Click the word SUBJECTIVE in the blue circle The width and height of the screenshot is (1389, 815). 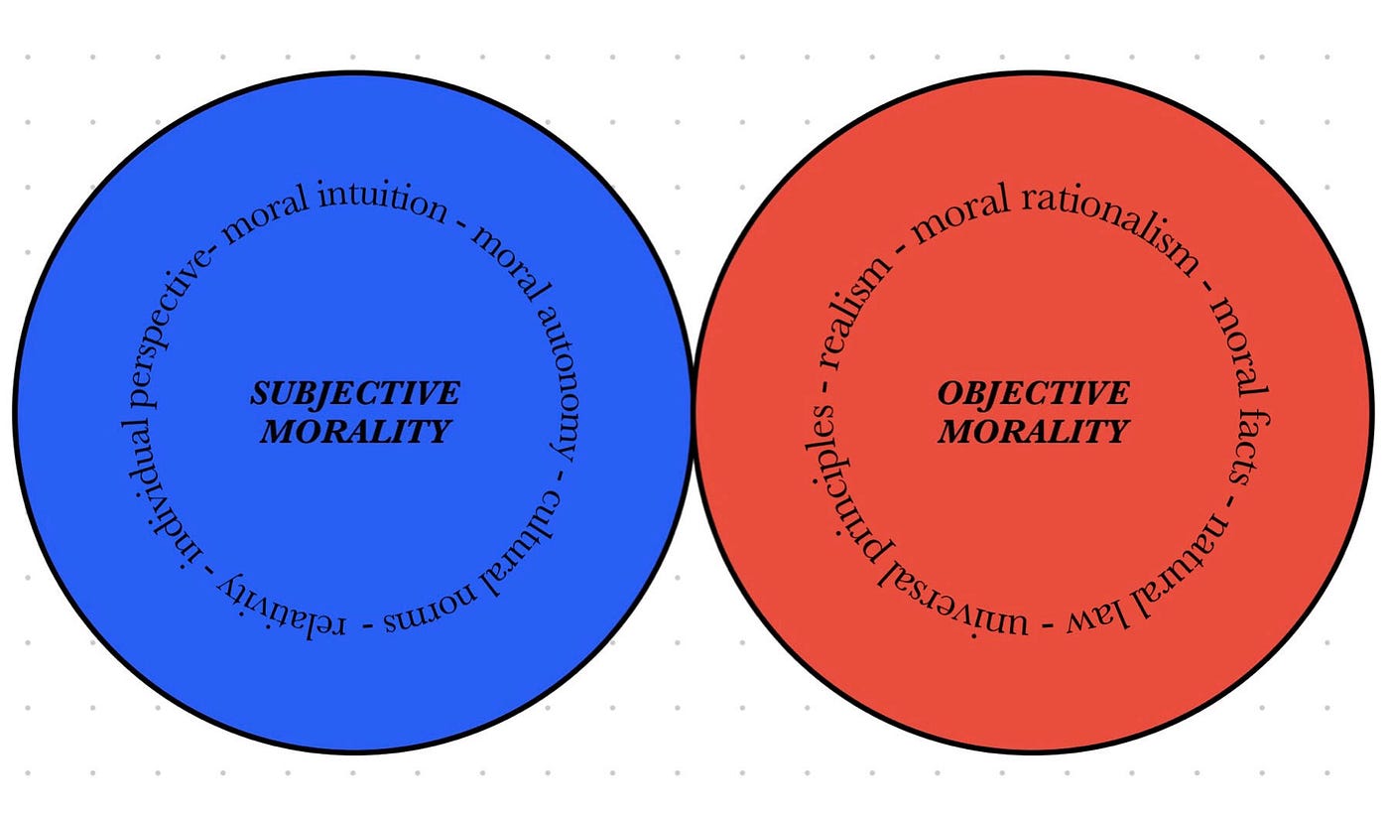click(x=355, y=393)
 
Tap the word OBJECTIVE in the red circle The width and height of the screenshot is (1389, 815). click(x=1034, y=393)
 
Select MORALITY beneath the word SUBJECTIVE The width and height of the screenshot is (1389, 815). click(x=355, y=431)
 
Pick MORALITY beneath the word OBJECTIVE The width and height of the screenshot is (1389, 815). click(x=1034, y=431)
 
